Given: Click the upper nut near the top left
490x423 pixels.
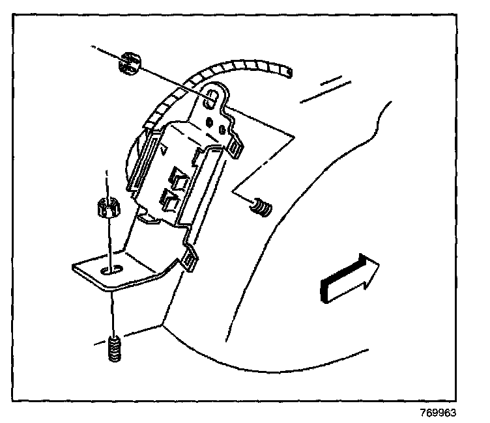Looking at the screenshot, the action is tap(130, 64).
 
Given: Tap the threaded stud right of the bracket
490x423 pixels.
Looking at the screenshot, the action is tap(262, 210).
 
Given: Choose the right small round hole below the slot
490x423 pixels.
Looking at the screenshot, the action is tap(224, 130).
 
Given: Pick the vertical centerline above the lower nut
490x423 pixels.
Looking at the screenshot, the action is tap(106, 183).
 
